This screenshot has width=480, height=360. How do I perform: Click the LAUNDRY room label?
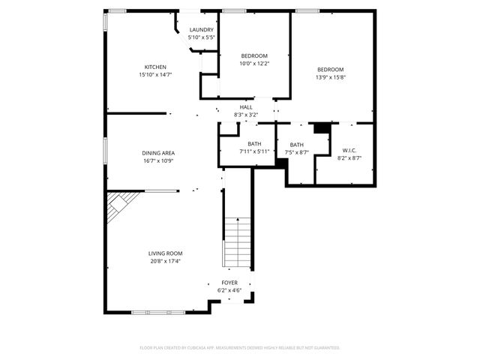(202, 29)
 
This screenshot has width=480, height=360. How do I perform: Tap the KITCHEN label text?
(155, 67)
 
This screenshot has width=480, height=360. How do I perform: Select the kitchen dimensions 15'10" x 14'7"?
(155, 75)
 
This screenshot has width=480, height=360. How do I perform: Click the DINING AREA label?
(158, 153)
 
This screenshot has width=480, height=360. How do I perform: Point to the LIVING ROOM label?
(165, 253)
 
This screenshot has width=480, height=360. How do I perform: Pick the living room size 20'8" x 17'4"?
(165, 262)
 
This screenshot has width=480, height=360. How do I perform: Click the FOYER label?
(229, 283)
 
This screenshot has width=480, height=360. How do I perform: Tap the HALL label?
(246, 107)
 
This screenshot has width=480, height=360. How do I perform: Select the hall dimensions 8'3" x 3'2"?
(246, 115)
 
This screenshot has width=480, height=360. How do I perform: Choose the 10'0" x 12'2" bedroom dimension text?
(254, 64)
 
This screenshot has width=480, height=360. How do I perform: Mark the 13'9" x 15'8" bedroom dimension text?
(330, 77)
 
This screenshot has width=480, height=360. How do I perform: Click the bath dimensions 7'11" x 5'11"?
(254, 151)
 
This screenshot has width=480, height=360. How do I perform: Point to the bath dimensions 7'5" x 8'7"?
(297, 152)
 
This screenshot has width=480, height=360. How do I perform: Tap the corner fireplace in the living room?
(120, 205)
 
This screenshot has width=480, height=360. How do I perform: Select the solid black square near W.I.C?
(322, 128)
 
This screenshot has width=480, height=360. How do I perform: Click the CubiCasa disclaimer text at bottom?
(240, 348)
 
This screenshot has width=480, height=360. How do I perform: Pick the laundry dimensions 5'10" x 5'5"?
(202, 37)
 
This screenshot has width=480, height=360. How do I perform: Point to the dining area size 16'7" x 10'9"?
(158, 160)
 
